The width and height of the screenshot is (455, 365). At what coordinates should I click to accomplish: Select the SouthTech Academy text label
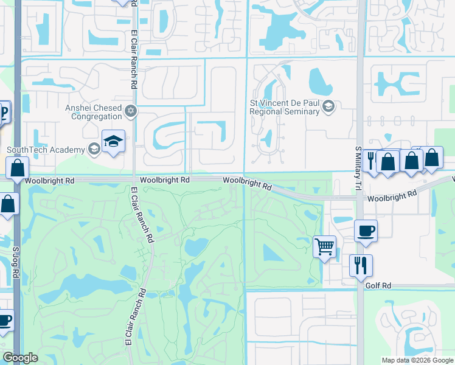tap(46, 150)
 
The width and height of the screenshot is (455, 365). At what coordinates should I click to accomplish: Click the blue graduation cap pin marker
tap(113, 142)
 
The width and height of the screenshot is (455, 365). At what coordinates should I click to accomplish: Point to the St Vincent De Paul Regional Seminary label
tap(285, 108)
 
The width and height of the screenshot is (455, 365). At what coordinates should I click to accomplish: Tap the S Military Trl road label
tap(358, 161)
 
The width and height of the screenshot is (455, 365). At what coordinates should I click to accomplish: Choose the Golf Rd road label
tap(378, 285)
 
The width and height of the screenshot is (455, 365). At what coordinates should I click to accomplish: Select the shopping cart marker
tap(324, 246)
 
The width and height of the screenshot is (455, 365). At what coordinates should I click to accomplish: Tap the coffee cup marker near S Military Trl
tap(366, 231)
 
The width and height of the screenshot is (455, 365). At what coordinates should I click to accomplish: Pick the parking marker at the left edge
tap(3, 113)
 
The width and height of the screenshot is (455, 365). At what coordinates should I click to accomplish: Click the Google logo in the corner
tap(20, 358)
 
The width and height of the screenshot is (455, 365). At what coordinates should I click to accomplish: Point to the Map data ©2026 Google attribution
tap(417, 360)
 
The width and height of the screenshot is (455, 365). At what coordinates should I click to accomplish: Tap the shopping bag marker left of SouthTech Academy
tap(18, 167)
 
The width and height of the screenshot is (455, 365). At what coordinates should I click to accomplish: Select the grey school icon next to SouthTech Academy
tap(94, 149)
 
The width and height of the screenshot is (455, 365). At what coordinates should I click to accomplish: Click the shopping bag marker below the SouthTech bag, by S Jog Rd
tap(9, 204)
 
